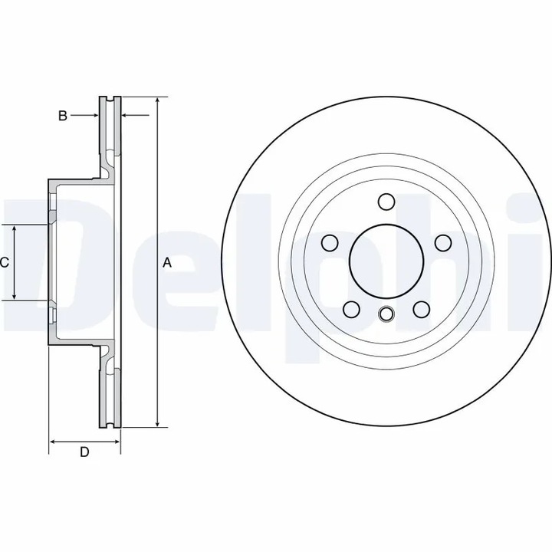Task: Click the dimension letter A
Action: [x=167, y=262]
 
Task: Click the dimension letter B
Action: [x=63, y=116]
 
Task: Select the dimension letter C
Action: [x=5, y=262]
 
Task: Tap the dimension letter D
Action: [x=84, y=452]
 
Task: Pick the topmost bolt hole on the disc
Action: [x=386, y=202]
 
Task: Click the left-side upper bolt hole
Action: [x=330, y=243]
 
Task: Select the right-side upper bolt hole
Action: [x=443, y=243]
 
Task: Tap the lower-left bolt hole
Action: [x=351, y=310]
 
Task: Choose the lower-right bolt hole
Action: [x=422, y=310]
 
